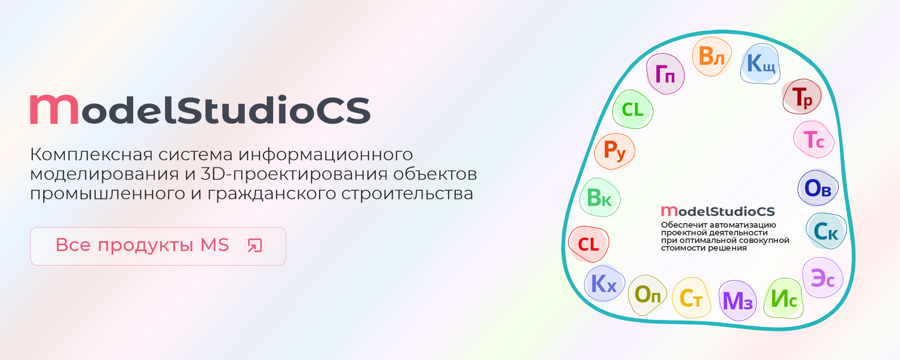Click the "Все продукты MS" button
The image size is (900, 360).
[158, 246]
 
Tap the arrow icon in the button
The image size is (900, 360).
[255, 246]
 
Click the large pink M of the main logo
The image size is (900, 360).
[54, 109]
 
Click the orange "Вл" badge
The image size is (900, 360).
[711, 57]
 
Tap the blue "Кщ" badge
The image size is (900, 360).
[760, 64]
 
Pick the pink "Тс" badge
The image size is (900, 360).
[814, 139]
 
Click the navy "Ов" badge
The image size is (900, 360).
[818, 188]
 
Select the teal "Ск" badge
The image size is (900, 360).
[826, 231]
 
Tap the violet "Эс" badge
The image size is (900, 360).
[823, 278]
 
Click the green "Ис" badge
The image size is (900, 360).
[784, 298]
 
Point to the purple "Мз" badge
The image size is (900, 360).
[738, 301]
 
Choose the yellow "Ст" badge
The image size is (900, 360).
[691, 298]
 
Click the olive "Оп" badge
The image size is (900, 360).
[648, 295]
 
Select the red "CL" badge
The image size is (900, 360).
[589, 244]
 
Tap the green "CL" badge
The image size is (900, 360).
[633, 109]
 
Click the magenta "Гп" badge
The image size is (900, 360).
[665, 74]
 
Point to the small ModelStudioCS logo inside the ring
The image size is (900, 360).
[718, 211]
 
